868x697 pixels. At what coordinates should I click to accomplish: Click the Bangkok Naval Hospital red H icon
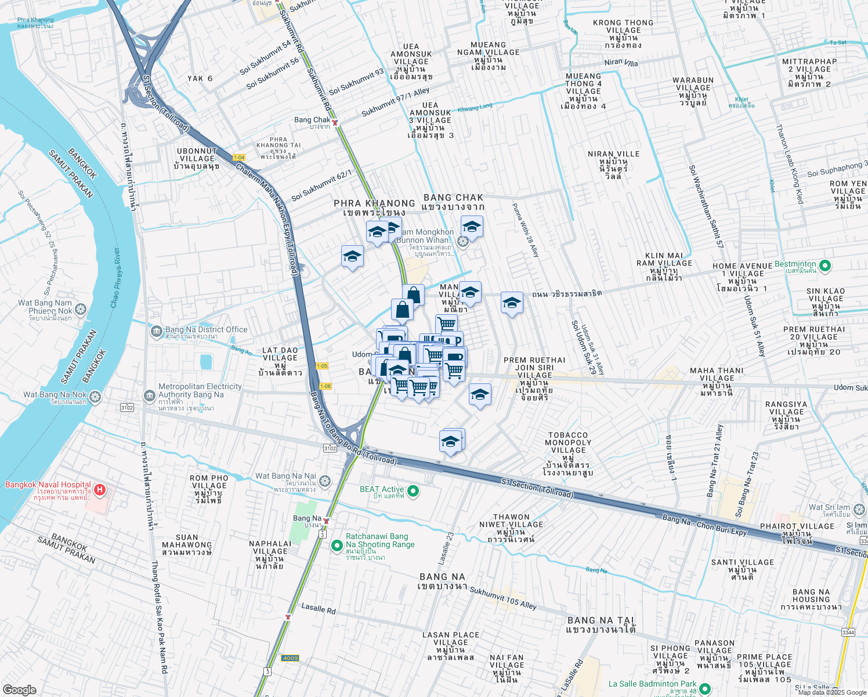tap(100, 490)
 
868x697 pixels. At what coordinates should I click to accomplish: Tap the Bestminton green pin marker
tap(825, 266)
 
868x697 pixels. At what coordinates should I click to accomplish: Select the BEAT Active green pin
tap(413, 491)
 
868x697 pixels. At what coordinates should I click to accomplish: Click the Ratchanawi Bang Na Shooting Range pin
tap(337, 545)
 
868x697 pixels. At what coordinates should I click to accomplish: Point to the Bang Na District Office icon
tap(156, 332)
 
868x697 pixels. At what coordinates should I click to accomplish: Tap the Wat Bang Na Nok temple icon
tap(95, 397)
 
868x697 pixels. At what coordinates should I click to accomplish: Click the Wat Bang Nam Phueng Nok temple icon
tap(81, 309)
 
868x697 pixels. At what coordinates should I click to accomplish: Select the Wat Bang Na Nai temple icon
tap(325, 480)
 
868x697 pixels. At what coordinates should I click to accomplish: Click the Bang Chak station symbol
tap(335, 122)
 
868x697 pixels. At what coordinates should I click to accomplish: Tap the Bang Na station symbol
tap(327, 520)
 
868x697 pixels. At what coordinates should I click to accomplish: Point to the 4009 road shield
tap(290, 658)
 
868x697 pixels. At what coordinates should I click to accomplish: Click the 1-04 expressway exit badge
tap(239, 157)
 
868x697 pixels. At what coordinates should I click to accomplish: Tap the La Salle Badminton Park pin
tap(705, 688)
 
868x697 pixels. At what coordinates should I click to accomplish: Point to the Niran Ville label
tap(613, 165)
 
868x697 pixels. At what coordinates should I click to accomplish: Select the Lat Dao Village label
tap(280, 361)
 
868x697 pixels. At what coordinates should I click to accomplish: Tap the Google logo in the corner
tap(19, 689)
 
